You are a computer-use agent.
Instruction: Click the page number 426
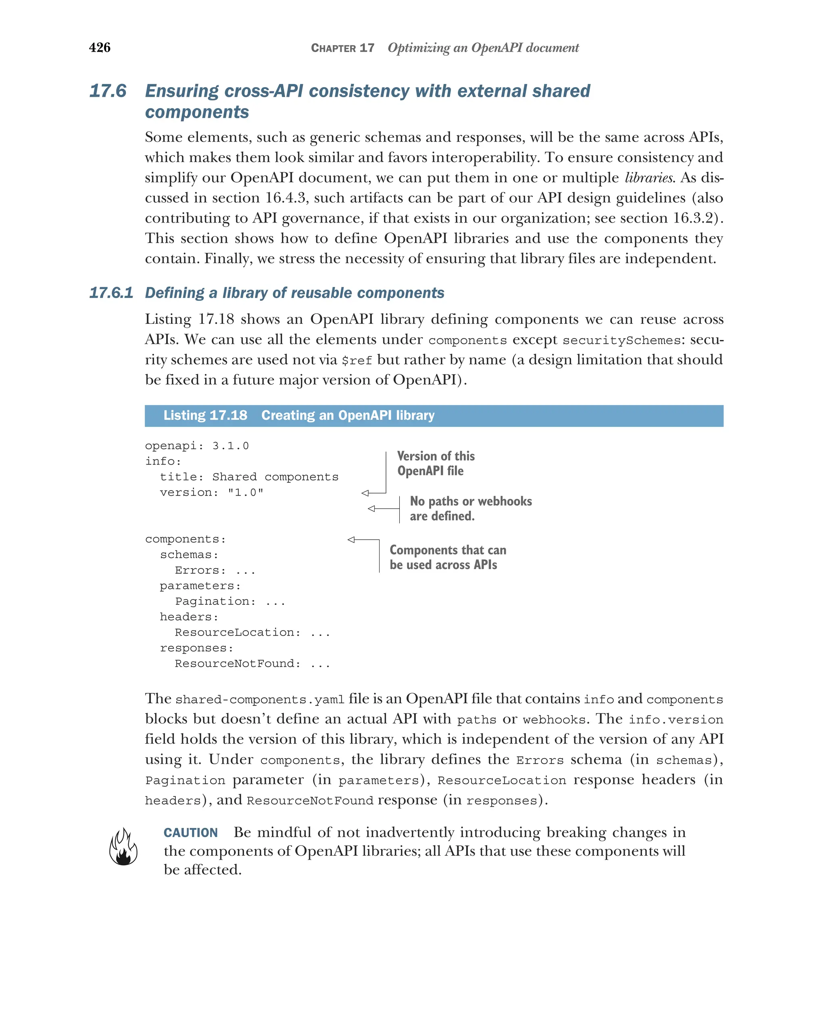[x=100, y=48]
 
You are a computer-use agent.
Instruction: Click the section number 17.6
[x=108, y=91]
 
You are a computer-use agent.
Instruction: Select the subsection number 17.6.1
[x=111, y=293]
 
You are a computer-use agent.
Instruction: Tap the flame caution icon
[x=123, y=847]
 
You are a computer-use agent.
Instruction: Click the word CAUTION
[x=190, y=833]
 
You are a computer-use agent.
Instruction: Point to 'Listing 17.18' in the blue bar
[x=205, y=415]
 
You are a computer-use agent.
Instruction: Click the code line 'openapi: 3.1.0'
[x=196, y=446]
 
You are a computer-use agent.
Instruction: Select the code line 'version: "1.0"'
[x=211, y=492]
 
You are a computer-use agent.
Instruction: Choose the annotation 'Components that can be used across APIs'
[x=447, y=557]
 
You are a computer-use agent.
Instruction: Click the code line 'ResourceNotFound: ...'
[x=252, y=664]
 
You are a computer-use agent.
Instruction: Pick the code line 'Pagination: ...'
[x=229, y=602]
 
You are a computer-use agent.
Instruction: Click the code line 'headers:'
[x=189, y=617]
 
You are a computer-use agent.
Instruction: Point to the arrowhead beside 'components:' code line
[x=351, y=540]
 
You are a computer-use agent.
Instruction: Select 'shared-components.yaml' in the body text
[x=260, y=700]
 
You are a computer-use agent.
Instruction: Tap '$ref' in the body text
[x=357, y=361]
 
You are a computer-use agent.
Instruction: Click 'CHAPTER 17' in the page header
[x=342, y=48]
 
